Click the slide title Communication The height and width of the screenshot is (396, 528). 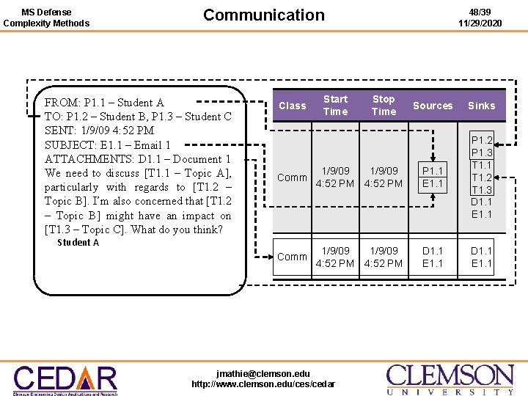pos(263,15)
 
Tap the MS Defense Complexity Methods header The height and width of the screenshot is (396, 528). pos(46,18)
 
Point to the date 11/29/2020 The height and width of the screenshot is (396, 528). pos(480,23)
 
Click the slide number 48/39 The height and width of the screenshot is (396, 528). pos(480,12)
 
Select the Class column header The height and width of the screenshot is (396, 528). pos(292,106)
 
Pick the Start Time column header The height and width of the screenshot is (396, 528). pos(335,105)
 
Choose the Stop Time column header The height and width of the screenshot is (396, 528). pos(384,105)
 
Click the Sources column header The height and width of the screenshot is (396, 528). pos(433,106)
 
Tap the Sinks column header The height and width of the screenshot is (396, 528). pos(481,106)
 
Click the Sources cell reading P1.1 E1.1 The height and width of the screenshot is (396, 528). pos(433,177)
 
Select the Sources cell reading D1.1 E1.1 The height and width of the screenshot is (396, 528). pos(433,257)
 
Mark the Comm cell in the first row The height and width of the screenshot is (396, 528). pos(292,177)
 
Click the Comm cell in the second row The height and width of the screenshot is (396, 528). pos(292,257)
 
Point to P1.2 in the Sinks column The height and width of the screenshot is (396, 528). pos(482,140)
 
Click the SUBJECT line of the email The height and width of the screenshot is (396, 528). pos(107,145)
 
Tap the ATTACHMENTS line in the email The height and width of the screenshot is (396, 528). pos(137,159)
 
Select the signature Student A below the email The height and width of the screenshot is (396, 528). pos(78,243)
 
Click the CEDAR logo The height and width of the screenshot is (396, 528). pos(65,379)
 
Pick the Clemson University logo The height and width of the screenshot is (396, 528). pos(450,379)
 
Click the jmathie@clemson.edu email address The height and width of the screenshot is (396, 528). pos(263,373)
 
